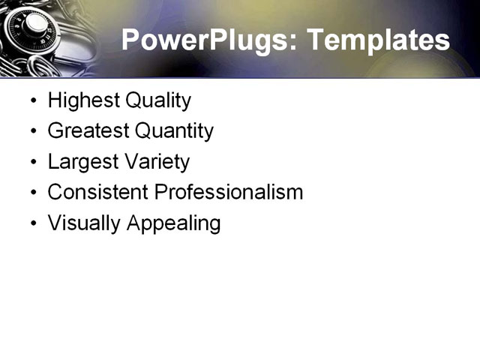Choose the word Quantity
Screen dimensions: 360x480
174,131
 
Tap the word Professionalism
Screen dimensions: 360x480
228,192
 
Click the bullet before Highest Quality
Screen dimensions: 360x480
32,101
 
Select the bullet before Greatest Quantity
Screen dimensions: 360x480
32,132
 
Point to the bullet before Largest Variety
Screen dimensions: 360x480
32,163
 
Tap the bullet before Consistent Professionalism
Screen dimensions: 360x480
32,193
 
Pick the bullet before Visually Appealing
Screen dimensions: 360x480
32,223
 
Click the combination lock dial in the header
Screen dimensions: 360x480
34,26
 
